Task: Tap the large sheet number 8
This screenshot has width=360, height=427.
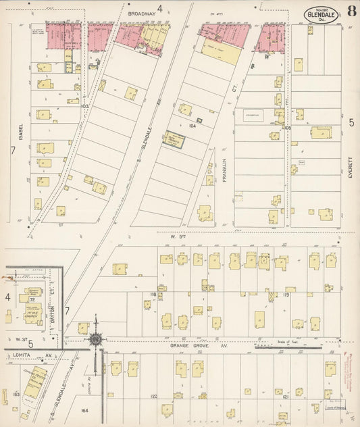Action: coord(352,11)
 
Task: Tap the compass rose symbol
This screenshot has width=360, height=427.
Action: coord(97,338)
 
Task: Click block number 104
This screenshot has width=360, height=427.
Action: coord(192,126)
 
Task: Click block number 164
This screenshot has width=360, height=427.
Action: coord(84,409)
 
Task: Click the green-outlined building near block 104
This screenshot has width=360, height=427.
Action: coord(175,140)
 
